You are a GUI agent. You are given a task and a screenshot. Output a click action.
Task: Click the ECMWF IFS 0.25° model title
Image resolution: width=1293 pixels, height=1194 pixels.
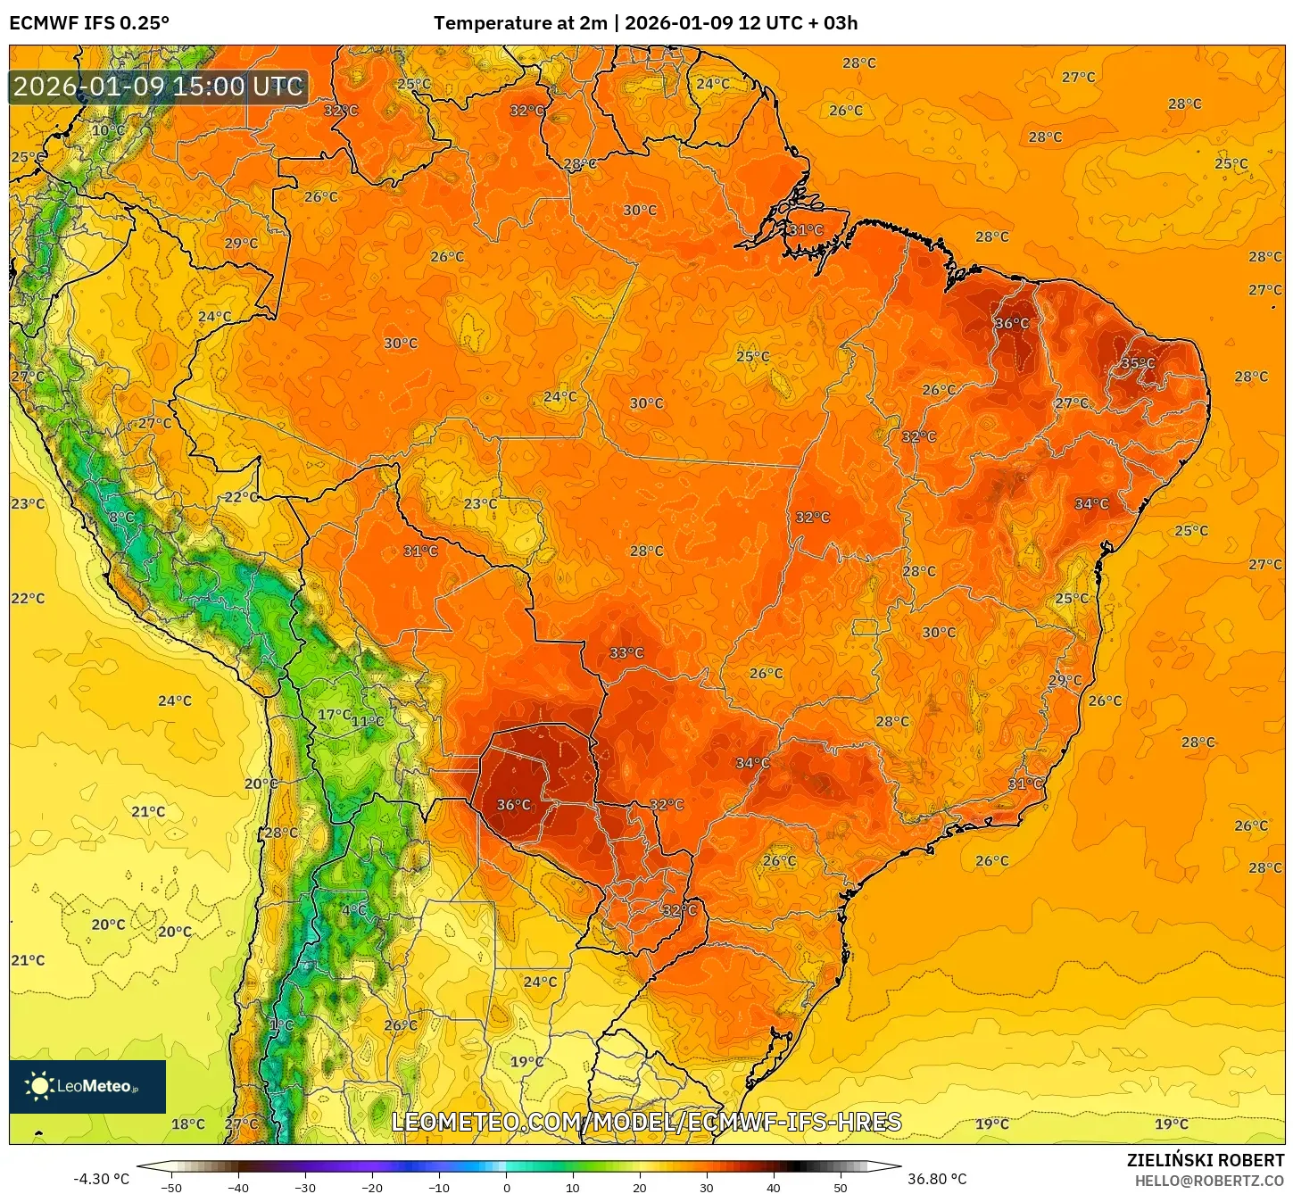89,23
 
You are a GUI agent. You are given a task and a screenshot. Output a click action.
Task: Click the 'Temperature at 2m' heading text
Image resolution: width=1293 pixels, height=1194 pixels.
520,23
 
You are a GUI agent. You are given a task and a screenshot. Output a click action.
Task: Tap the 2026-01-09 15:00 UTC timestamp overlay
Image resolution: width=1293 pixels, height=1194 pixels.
159,87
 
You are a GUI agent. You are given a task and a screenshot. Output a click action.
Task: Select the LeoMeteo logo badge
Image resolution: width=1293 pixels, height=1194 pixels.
87,1086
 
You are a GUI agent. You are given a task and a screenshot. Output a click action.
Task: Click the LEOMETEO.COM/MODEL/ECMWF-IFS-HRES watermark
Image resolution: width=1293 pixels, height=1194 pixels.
646,1122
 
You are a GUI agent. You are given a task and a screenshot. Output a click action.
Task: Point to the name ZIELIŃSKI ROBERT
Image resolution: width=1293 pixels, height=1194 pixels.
1205,1160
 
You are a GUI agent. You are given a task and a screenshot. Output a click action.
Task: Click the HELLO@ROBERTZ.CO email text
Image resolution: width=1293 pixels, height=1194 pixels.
1209,1181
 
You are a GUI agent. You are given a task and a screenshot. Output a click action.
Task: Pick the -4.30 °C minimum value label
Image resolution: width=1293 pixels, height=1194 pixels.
101,1179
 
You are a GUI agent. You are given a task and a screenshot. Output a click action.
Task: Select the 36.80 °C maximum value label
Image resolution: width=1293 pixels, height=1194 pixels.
937,1179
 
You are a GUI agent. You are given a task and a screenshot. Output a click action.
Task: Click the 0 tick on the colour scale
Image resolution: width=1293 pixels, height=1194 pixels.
506,1188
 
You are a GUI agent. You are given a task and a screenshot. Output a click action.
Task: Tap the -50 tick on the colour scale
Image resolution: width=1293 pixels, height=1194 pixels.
170,1188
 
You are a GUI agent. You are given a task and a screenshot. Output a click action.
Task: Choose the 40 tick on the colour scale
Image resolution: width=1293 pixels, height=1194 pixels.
774,1188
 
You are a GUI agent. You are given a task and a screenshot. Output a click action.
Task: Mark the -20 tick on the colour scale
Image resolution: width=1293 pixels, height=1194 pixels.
371,1188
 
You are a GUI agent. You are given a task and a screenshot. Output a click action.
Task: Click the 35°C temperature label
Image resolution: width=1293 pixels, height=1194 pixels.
1137,363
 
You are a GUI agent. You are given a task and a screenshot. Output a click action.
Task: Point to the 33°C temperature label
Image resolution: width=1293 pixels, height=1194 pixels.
626,653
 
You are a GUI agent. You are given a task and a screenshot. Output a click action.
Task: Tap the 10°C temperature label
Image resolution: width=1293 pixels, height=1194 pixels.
108,130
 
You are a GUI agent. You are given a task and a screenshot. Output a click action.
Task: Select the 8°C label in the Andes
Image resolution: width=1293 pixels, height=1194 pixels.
121,518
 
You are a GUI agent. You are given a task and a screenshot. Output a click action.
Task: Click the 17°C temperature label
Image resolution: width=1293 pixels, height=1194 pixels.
335,715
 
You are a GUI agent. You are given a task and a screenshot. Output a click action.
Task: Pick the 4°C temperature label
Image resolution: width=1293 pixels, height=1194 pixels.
354,910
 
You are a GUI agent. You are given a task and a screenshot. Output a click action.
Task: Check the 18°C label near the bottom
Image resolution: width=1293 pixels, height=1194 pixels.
187,1124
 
